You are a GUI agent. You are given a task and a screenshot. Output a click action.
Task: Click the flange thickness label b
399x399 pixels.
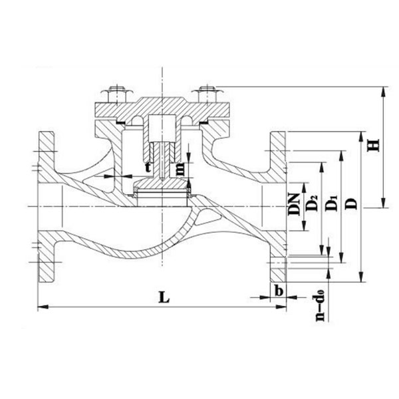pos(279,290)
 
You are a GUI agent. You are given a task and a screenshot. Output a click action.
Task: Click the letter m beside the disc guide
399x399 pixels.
pos(180,170)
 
